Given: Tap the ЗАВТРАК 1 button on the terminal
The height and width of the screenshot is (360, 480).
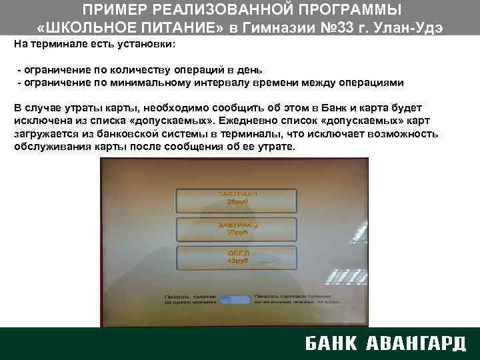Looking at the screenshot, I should [x=237, y=198].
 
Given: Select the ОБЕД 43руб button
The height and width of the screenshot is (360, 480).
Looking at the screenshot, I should [x=237, y=258].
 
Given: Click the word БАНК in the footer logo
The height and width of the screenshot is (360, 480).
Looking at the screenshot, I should [x=331, y=343].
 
